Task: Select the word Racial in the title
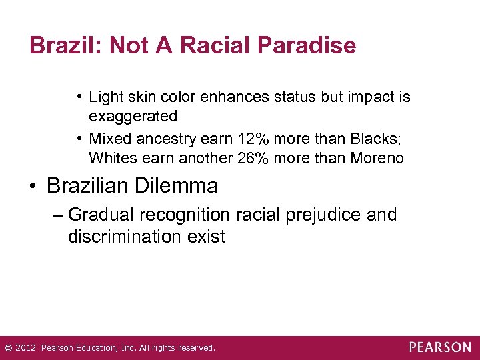tap(205, 45)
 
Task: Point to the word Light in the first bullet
tap(106, 97)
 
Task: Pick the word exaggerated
tap(133, 117)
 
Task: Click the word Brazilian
tap(87, 186)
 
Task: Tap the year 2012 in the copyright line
tap(25, 348)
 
